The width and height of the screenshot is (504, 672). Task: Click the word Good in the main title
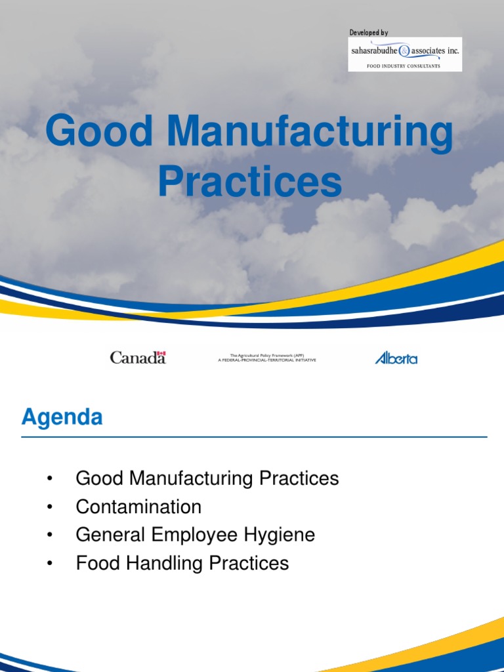pyautogui.click(x=99, y=131)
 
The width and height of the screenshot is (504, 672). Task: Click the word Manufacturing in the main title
pyautogui.click(x=310, y=131)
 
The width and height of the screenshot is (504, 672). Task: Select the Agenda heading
pyautogui.click(x=62, y=417)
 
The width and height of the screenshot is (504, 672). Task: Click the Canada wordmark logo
pyautogui.click(x=138, y=358)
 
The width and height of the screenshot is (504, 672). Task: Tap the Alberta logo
pyautogui.click(x=396, y=358)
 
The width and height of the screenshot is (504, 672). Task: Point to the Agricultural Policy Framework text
pyautogui.click(x=266, y=358)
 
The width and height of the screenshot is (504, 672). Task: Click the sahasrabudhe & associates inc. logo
pyautogui.click(x=404, y=51)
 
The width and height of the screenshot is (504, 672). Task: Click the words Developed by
pyautogui.click(x=368, y=33)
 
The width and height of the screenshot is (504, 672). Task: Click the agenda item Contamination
pyautogui.click(x=138, y=507)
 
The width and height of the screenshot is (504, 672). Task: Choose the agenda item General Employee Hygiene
pyautogui.click(x=196, y=535)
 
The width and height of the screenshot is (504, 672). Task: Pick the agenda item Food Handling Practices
pyautogui.click(x=182, y=563)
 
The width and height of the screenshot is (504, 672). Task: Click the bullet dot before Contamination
pyautogui.click(x=49, y=507)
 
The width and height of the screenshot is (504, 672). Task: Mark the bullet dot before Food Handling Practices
pyautogui.click(x=49, y=564)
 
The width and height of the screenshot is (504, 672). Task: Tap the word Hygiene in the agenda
pyautogui.click(x=283, y=535)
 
